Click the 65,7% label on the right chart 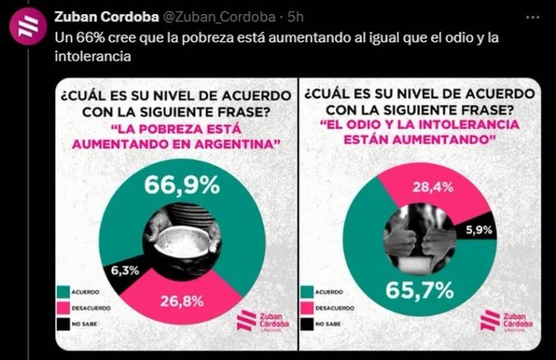(x=419, y=290)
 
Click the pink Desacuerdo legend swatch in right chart (x=305, y=307)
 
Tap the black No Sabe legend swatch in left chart (x=60, y=324)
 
